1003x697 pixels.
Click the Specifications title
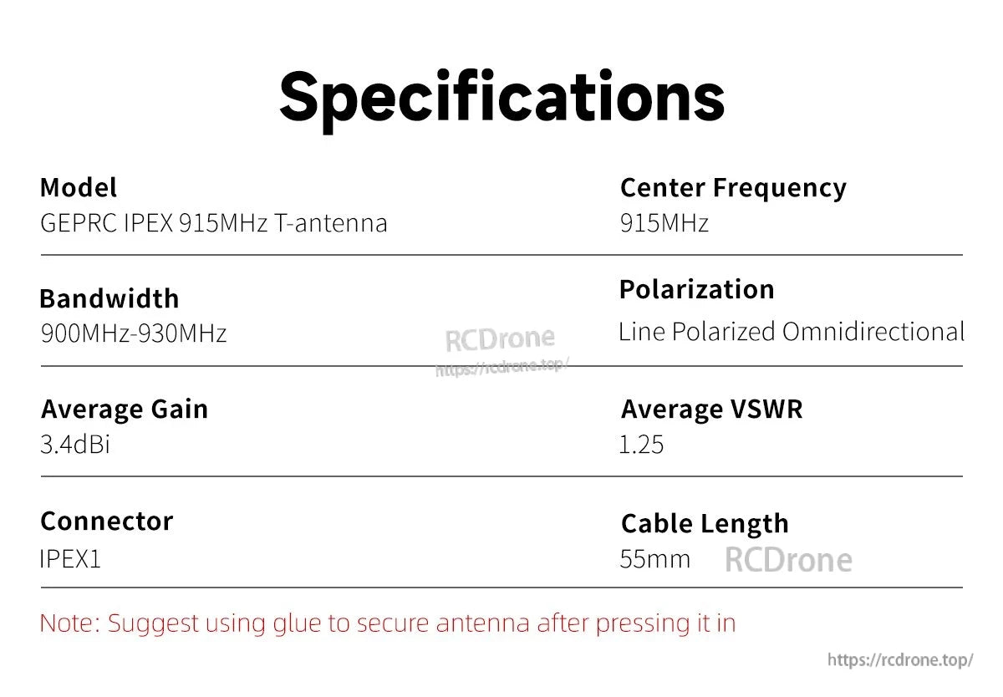pos(501,97)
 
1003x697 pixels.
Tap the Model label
pos(79,188)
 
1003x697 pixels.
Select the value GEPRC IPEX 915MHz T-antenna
pos(214,224)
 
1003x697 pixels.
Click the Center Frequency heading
pos(733,188)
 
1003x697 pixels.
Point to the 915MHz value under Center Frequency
pos(664,224)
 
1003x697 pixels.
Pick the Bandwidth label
pos(109,299)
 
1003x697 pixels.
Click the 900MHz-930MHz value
pos(134,334)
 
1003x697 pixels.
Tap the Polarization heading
pos(696,290)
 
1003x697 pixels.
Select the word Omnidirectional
pos(873,332)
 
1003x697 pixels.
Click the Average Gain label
pos(125,410)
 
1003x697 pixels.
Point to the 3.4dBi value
pos(75,445)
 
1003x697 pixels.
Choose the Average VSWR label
pos(711,410)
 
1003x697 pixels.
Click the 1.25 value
pos(641,445)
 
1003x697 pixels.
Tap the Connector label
pos(106,521)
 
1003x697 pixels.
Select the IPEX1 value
pos(70,558)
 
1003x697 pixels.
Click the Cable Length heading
pos(705,524)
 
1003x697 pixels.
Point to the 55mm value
pos(655,558)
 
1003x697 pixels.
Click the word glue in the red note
pos(313,623)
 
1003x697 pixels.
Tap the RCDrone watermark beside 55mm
pos(788,560)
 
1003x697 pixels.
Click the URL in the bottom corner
pos(900,660)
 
